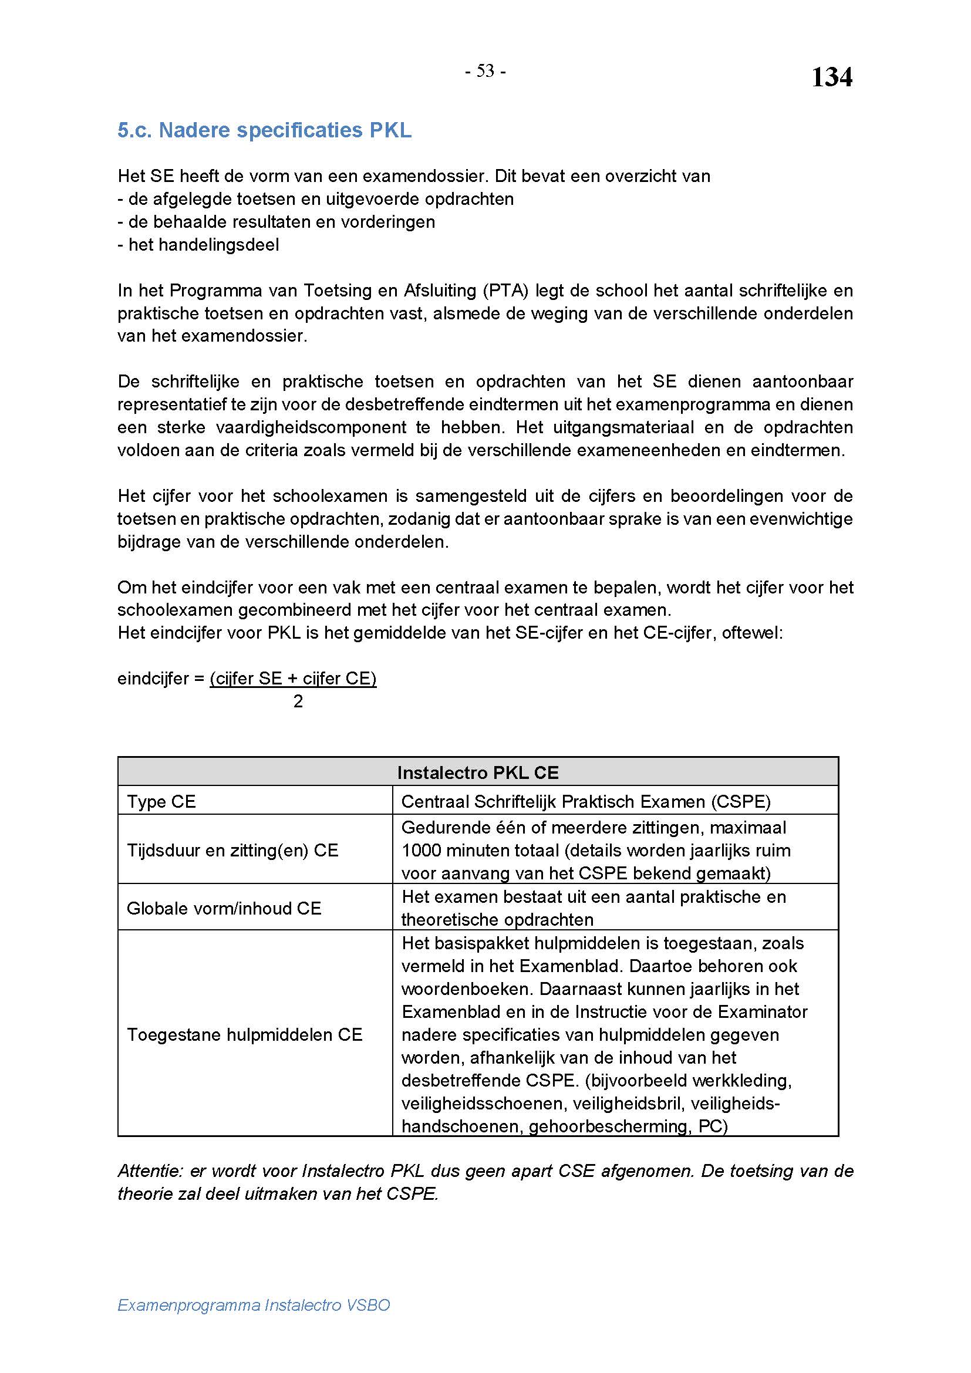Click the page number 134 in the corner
(831, 77)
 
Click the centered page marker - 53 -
(485, 72)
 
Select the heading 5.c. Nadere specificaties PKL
(264, 130)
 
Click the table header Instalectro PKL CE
(478, 772)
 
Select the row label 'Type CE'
(161, 801)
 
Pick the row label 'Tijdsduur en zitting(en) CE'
(232, 851)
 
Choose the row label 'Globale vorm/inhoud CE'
(224, 908)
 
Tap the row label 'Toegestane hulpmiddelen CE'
(245, 1034)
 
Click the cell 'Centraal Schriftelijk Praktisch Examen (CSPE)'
(586, 801)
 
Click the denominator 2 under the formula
(298, 701)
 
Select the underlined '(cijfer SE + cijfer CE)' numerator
(293, 679)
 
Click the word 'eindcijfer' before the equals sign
(153, 679)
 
